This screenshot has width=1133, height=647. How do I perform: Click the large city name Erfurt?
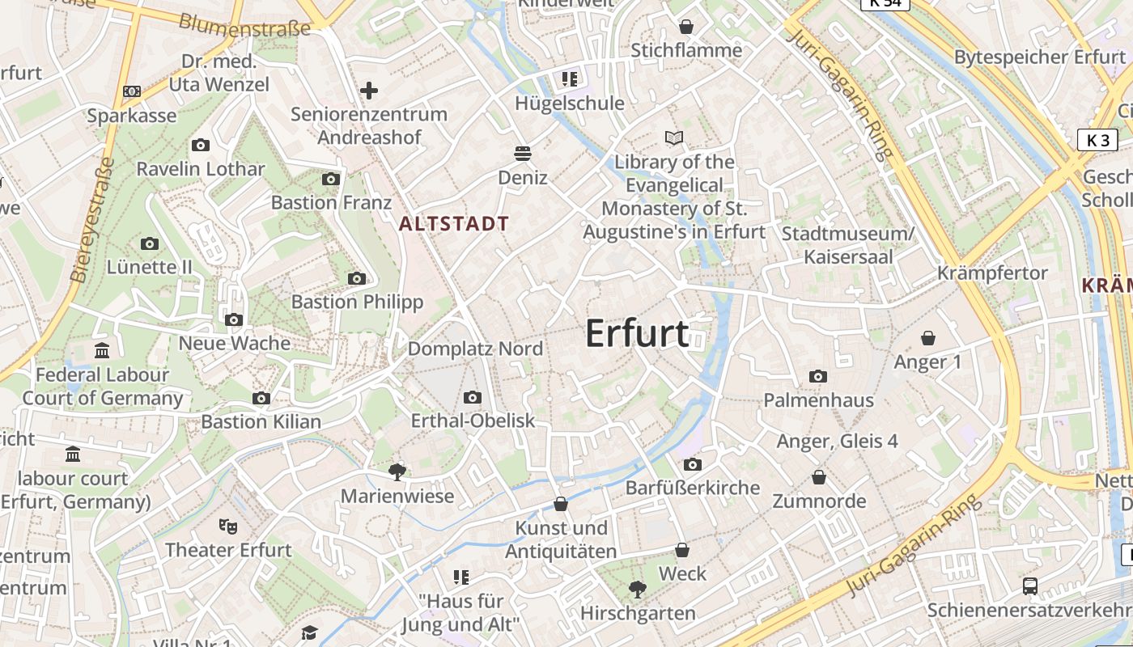[637, 334]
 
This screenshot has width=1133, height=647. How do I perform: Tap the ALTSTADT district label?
[454, 224]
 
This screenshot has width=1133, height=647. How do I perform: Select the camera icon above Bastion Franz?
[331, 179]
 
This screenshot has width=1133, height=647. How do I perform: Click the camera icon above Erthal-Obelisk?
[473, 397]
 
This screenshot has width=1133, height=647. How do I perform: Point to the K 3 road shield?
[1097, 140]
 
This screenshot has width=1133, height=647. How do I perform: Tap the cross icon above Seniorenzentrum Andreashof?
[369, 91]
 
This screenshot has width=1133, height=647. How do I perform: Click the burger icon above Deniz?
[523, 154]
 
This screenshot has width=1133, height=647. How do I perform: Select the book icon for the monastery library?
[674, 138]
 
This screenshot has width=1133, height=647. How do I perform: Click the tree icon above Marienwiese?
[397, 472]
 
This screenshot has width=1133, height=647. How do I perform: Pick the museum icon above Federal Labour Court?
[102, 351]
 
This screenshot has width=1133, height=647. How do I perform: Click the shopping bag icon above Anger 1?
[927, 338]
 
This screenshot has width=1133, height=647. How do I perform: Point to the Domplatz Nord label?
[475, 349]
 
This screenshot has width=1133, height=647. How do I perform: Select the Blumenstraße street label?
[244, 25]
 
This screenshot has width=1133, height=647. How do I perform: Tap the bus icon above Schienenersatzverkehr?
[1030, 586]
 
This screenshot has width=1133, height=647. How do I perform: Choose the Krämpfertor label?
[992, 273]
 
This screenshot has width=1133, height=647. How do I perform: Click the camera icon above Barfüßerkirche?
[692, 464]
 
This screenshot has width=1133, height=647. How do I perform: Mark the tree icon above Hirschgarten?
[638, 590]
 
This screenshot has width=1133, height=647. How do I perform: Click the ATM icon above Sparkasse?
[132, 91]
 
